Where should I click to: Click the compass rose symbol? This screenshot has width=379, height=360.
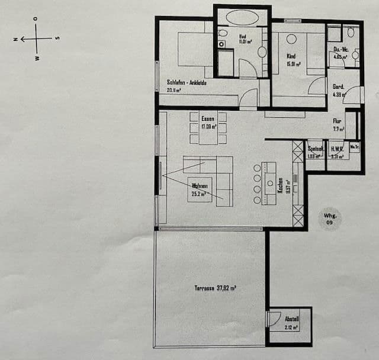coord(36,39)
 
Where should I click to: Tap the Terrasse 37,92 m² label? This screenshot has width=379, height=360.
coord(216,288)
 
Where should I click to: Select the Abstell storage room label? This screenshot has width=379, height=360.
coord(291,322)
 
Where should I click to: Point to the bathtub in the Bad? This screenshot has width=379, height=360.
coord(242,17)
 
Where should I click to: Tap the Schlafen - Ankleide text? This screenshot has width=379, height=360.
coord(187,83)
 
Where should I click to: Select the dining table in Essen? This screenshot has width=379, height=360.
coord(208,127)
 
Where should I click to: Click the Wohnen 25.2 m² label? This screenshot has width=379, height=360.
coord(199,189)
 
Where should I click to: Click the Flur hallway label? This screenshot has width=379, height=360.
coord(336,123)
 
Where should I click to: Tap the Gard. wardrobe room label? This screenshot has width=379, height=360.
coord(338,89)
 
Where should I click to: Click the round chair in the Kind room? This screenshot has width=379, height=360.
coord(291,39)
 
